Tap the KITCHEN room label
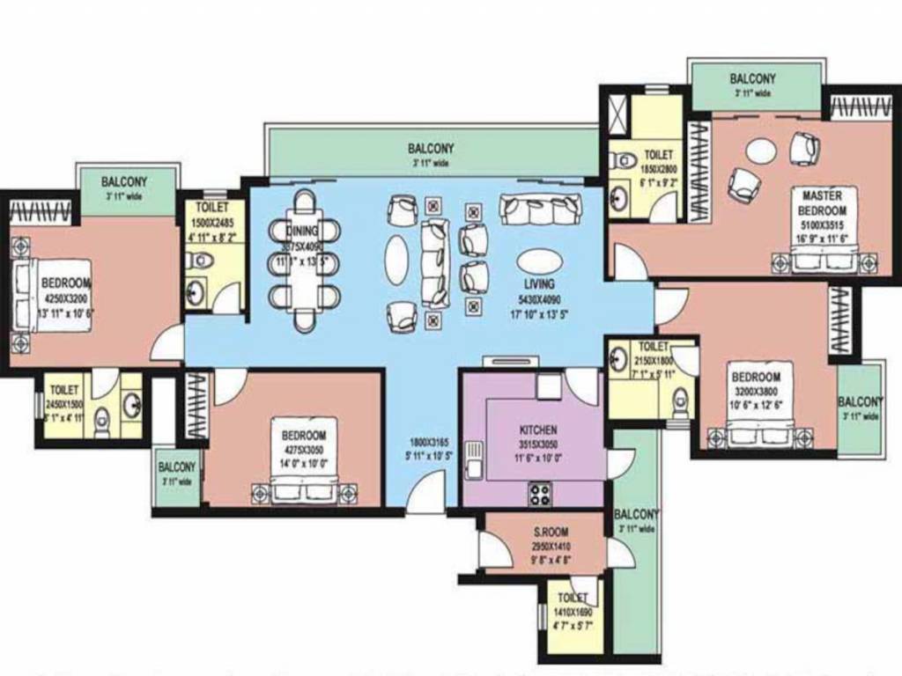tap(537, 430)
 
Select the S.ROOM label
tap(551, 533)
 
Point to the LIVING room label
tap(539, 284)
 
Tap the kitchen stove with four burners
tap(539, 495)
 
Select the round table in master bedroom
tap(761, 151)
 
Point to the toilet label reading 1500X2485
tap(211, 224)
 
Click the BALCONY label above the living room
tap(431, 149)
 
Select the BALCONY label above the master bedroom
tap(752, 79)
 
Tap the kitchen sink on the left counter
tap(475, 459)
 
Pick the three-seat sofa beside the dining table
tap(434, 262)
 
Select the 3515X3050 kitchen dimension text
tap(537, 445)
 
